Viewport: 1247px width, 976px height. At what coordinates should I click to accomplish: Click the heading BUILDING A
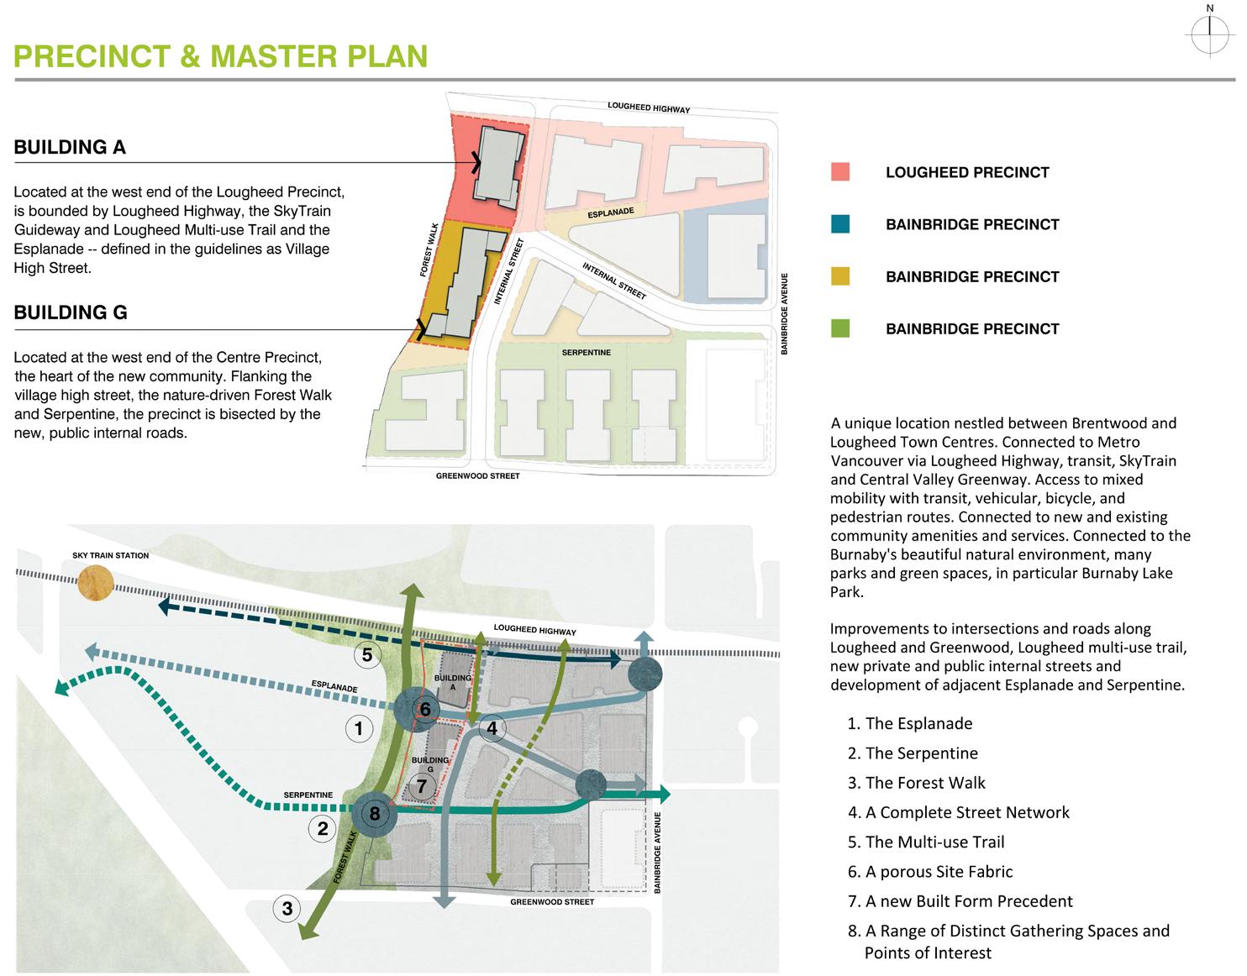click(70, 148)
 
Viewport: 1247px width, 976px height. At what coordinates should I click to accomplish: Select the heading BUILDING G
click(71, 313)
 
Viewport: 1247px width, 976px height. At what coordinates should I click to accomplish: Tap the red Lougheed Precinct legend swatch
click(839, 172)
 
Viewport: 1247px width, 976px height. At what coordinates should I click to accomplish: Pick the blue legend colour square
click(839, 224)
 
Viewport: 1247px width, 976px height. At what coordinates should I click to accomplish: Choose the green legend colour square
click(839, 328)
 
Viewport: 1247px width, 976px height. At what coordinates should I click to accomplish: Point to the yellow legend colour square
click(839, 276)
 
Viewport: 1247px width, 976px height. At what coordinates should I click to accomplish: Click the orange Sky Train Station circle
click(94, 583)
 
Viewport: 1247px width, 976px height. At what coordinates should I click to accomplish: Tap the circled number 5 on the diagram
click(367, 654)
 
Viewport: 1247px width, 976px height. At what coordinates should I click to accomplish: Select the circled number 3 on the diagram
click(287, 908)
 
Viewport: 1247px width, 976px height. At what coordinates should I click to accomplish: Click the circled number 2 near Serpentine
click(323, 829)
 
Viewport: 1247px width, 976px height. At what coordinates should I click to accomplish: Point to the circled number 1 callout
click(359, 728)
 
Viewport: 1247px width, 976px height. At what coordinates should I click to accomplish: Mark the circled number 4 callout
click(492, 728)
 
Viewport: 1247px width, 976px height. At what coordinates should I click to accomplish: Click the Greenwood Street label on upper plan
click(477, 476)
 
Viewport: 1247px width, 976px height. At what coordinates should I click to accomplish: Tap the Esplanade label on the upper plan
click(610, 213)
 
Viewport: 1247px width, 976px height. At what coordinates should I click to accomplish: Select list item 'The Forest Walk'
click(924, 783)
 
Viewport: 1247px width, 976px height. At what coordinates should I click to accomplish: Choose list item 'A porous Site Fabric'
click(939, 872)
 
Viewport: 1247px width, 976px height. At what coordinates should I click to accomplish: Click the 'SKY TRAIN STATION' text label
click(110, 556)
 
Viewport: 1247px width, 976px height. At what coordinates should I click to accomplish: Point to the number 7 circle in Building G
click(422, 787)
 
